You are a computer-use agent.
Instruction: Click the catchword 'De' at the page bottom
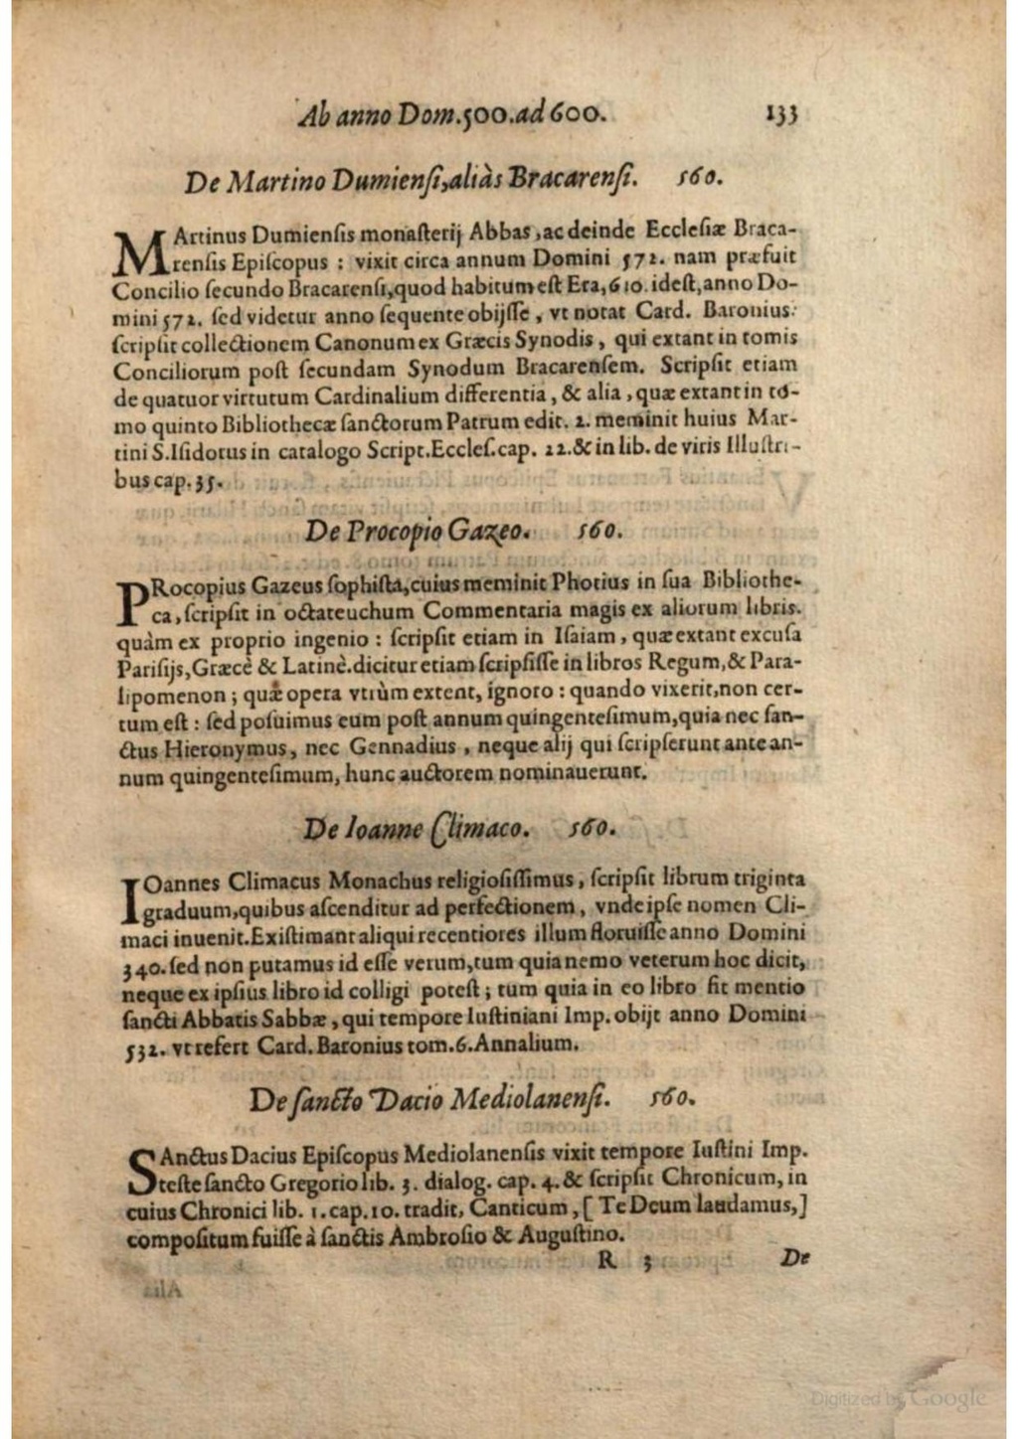[792, 1258]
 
